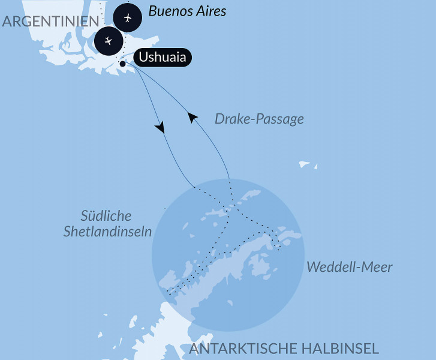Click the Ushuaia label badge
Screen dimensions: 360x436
(163, 58)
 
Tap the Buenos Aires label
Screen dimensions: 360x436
(187, 11)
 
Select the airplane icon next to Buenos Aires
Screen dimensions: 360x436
(128, 17)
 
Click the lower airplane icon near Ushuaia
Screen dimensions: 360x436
(108, 41)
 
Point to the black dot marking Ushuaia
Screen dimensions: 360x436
(122, 64)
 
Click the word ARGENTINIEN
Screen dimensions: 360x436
(50, 22)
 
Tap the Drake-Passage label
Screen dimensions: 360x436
(259, 119)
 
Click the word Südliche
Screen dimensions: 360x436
(106, 216)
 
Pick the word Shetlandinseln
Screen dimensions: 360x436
(107, 231)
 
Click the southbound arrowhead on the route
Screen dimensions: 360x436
(160, 128)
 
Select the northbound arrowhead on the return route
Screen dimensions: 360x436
(192, 118)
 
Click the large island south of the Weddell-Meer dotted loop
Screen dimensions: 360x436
(260, 265)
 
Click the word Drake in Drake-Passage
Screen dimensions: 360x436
(230, 119)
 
